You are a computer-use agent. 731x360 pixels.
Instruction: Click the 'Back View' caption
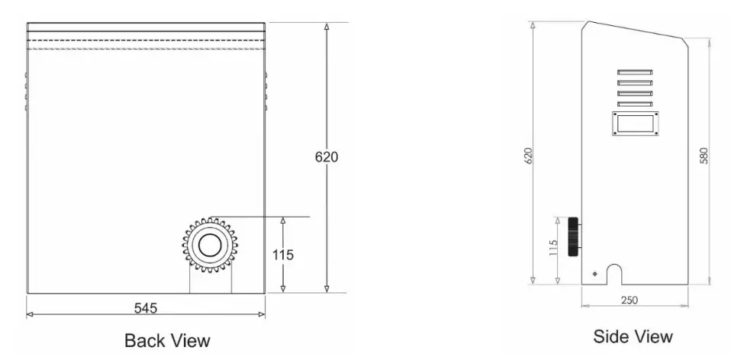[x=167, y=339]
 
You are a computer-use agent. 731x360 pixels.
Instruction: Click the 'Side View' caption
[x=633, y=336]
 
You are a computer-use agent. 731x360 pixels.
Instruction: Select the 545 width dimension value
[x=145, y=308]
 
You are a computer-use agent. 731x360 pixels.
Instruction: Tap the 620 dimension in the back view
[x=327, y=157]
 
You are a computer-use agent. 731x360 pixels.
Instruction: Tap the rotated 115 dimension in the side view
[x=554, y=249]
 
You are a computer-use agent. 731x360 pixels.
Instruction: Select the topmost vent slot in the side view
[x=634, y=74]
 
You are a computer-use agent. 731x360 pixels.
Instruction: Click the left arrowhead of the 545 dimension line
[x=30, y=314]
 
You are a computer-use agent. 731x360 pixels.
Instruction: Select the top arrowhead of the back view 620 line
[x=327, y=27]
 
